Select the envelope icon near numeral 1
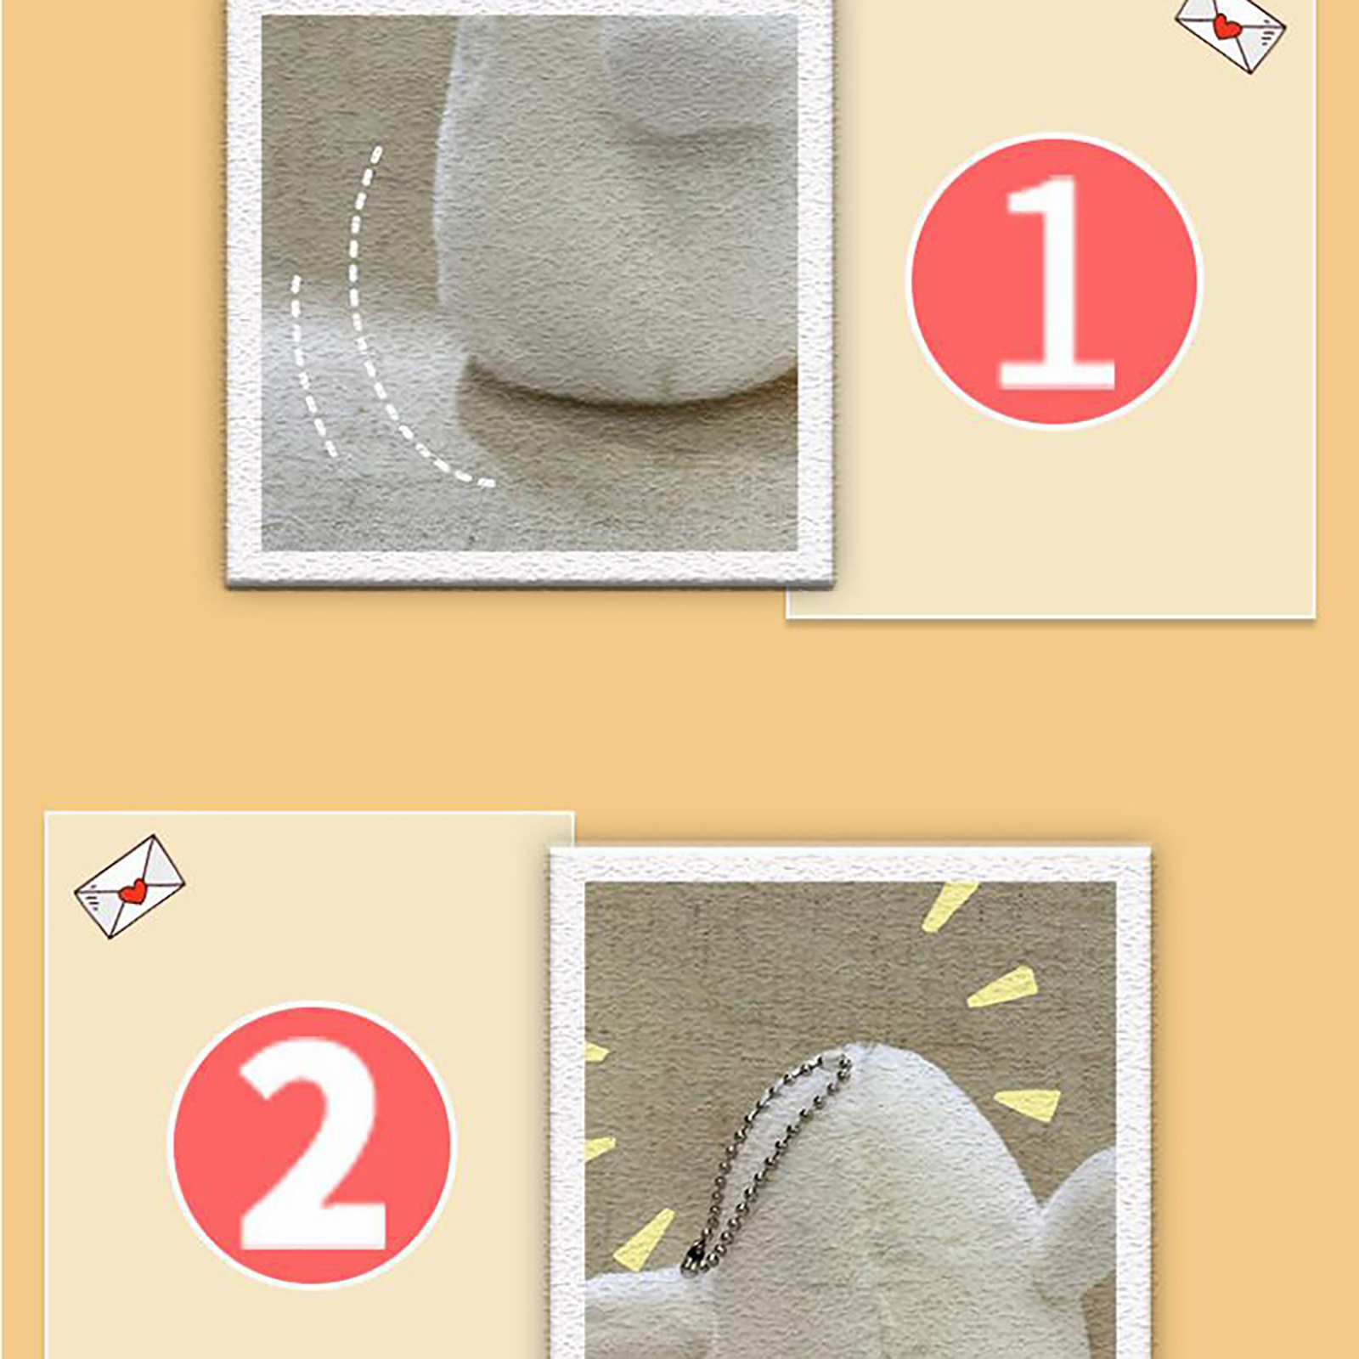(1230, 30)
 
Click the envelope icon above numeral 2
(129, 886)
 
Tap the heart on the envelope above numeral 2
(133, 891)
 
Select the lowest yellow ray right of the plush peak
(1029, 1102)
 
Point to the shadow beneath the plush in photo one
(629, 425)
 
